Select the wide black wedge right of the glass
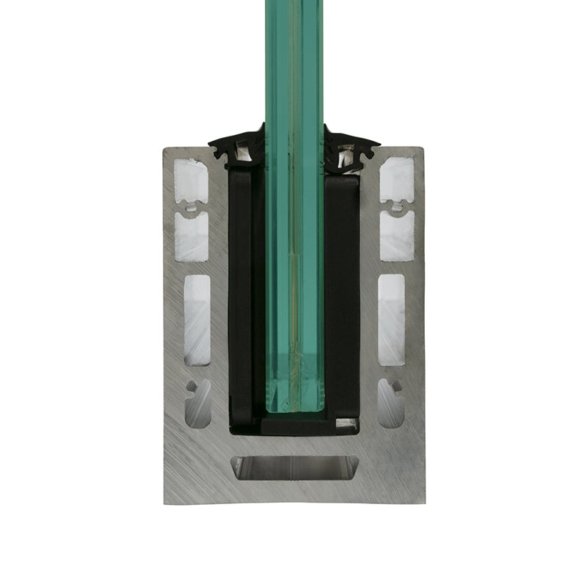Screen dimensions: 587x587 point(342,293)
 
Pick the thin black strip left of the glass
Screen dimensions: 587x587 point(241,293)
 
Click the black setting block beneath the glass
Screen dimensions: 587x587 point(297,423)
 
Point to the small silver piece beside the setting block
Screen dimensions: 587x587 point(346,423)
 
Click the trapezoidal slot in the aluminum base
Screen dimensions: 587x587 point(293,468)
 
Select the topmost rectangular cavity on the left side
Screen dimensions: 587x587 point(192,181)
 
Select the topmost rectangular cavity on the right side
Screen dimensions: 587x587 point(396,181)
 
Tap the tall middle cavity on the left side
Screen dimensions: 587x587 point(197,319)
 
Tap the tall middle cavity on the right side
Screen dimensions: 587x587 point(391,319)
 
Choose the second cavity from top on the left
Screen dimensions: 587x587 point(192,236)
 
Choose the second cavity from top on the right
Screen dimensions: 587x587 point(396,236)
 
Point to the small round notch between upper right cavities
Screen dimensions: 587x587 point(397,208)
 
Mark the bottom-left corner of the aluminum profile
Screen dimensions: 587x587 point(164,503)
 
